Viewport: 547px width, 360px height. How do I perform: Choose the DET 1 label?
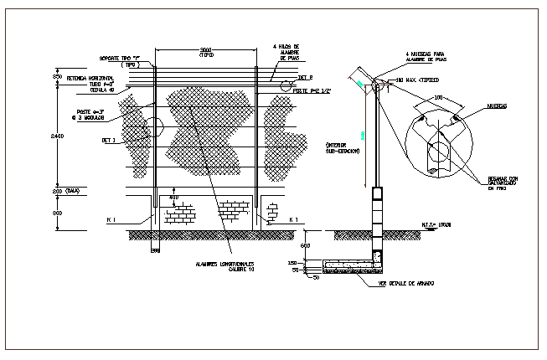click(108, 141)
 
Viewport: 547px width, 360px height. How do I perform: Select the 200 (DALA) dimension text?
click(70, 191)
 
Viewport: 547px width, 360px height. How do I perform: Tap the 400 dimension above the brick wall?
click(174, 198)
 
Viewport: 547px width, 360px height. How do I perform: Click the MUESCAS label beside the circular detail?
click(500, 107)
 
